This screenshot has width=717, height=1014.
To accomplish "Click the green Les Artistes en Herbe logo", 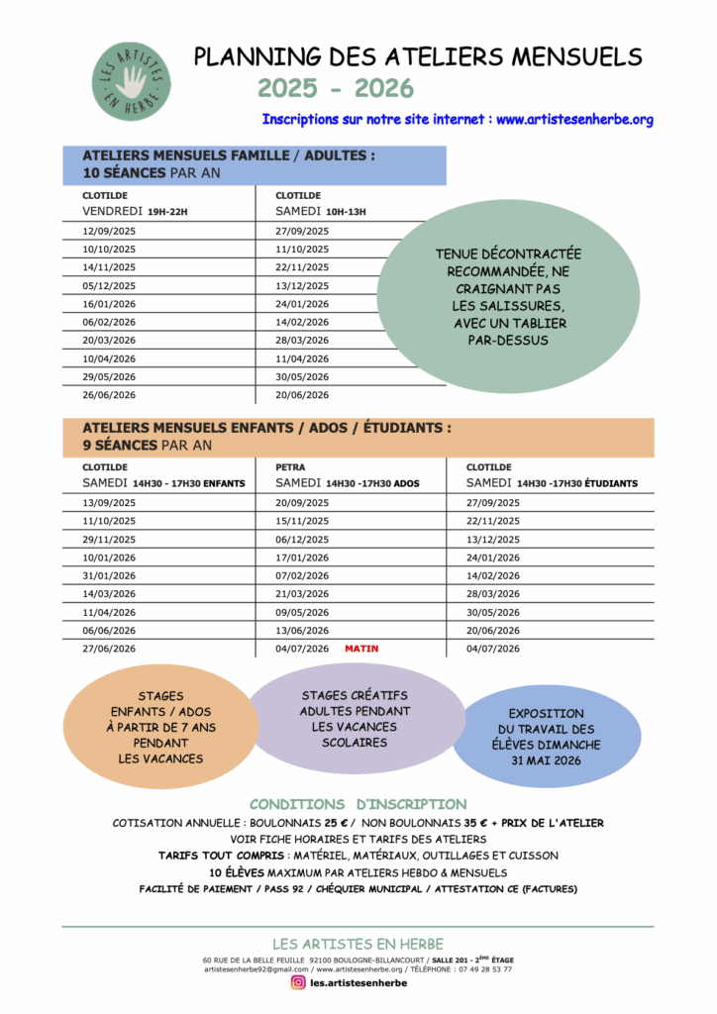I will pos(132,81).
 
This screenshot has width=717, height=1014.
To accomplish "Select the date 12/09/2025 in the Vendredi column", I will pos(109,231).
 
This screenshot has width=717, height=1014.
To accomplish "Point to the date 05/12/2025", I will pos(109,285).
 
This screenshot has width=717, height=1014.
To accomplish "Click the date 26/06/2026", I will pos(109,394).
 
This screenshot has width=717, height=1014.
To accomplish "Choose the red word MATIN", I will pos(361,649).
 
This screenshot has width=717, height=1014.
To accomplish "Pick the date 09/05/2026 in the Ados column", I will pos(302,612).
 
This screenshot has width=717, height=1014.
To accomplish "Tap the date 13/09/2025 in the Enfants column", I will pos(109,502).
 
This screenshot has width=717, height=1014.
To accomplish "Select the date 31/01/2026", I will pos(109,575).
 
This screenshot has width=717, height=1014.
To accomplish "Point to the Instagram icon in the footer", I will pos(298,983).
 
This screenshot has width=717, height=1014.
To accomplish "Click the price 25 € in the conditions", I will pos(338,823).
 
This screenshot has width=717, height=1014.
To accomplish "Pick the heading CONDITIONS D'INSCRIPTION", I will pos(358,804).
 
